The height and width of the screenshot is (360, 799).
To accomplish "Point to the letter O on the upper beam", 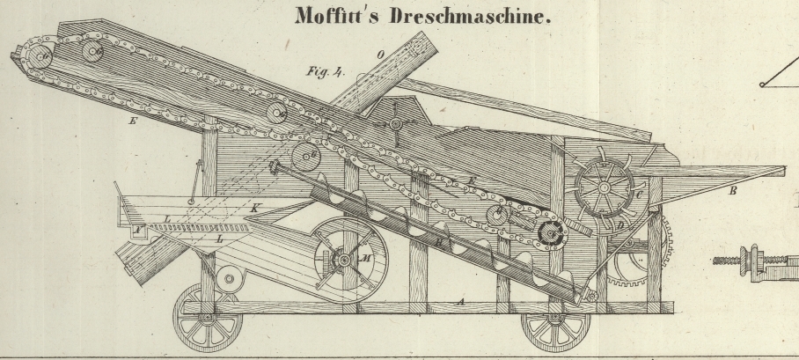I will pos(381,55).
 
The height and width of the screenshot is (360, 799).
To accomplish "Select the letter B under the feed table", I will pos(733,190).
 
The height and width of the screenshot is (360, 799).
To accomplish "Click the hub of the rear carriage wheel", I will pos(207,317).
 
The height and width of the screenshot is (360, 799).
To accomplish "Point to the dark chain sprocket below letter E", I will pos(552,233).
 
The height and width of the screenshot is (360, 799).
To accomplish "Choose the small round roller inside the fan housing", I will pos(232,281).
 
